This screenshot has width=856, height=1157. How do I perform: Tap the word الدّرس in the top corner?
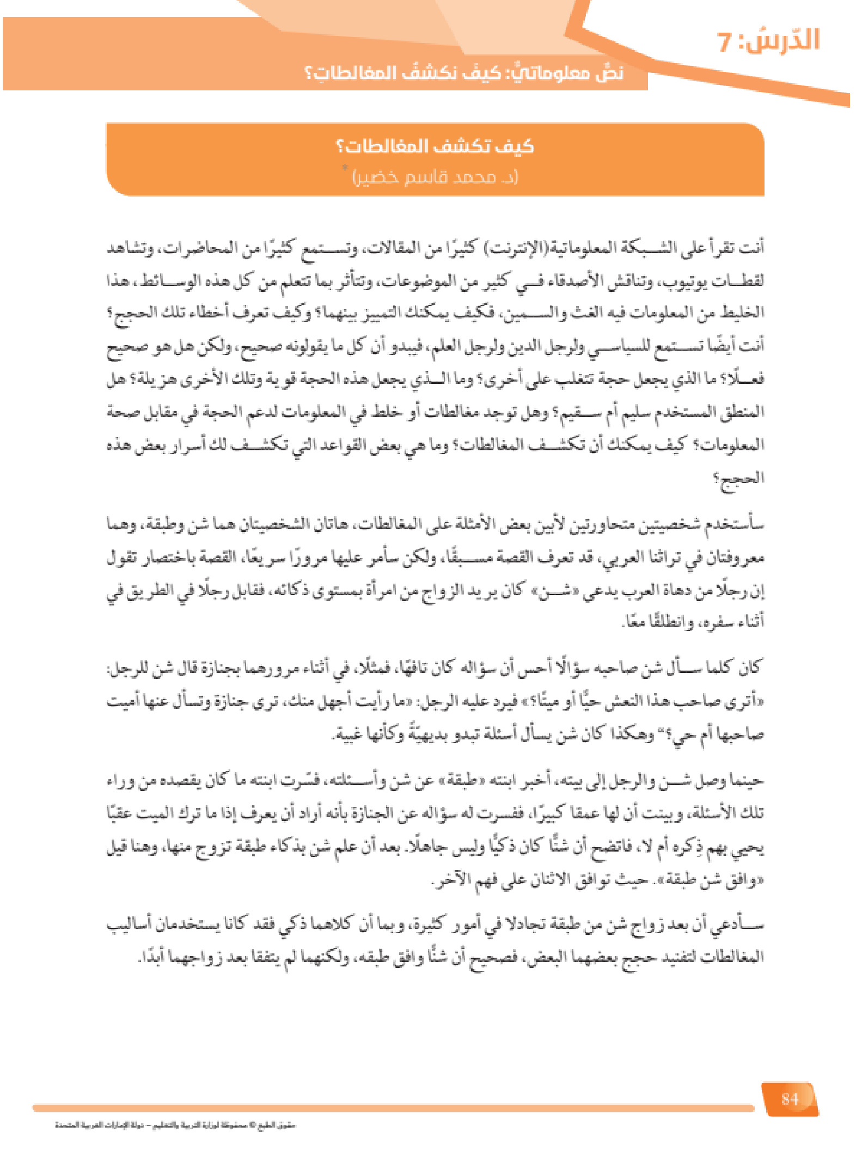(x=782, y=41)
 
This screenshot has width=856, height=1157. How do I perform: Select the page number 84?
(x=789, y=1099)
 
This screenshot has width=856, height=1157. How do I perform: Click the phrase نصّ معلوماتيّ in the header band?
(x=566, y=73)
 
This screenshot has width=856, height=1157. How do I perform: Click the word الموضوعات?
(x=411, y=281)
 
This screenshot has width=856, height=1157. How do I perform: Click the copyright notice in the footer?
(x=174, y=1125)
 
